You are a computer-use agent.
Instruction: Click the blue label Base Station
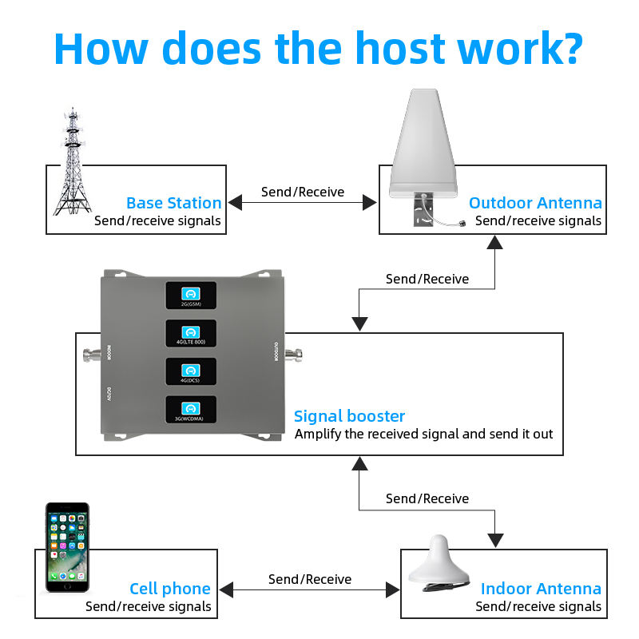point(173,203)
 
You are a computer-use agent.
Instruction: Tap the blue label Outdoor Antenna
point(535,203)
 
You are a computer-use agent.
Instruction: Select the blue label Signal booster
point(349,416)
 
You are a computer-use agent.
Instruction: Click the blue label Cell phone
point(169,589)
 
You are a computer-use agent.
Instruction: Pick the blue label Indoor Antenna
point(541,589)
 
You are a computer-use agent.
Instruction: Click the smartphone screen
point(67,552)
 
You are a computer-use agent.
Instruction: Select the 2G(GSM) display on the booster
point(190,295)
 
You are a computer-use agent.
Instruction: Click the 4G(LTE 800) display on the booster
point(190,333)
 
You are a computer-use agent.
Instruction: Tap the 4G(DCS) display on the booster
point(190,371)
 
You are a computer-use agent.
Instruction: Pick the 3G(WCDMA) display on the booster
point(190,409)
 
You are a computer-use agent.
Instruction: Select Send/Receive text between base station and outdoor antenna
point(303,192)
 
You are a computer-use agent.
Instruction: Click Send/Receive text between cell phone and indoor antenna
point(310,579)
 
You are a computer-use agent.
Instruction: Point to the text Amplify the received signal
point(375,435)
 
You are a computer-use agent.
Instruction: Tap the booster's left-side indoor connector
point(87,352)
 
